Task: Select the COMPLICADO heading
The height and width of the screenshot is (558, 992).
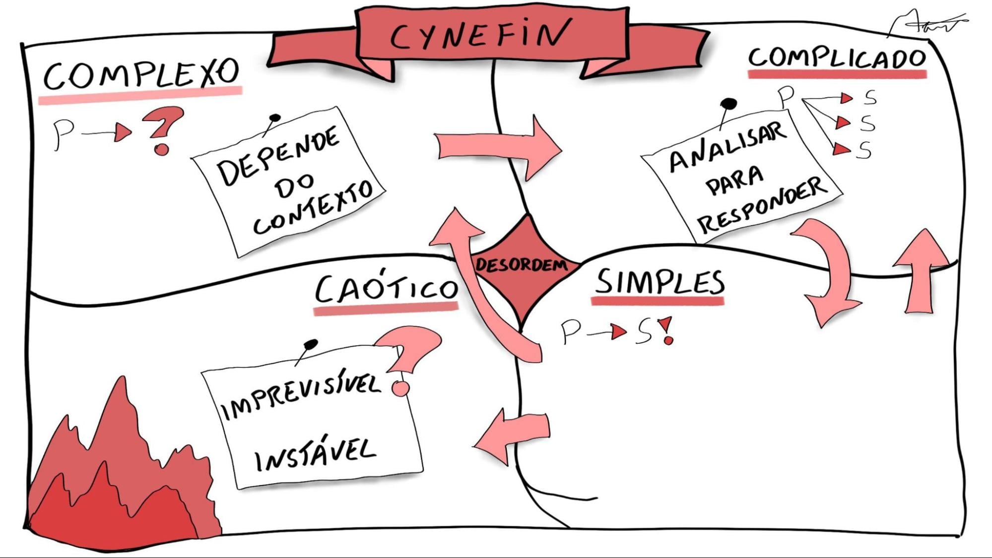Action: tap(837, 59)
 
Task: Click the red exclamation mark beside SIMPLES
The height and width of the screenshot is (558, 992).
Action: tap(667, 330)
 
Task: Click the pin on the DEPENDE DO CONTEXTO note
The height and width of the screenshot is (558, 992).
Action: tap(274, 118)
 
